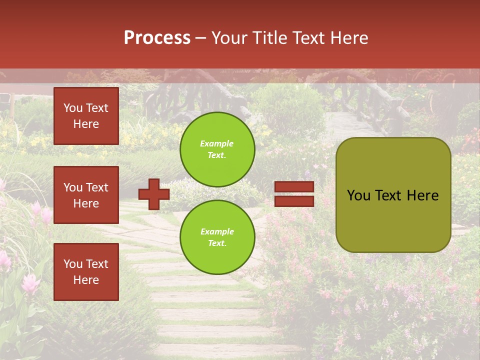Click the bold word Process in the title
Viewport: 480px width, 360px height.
tap(157, 38)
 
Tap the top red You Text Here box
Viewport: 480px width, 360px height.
tap(86, 116)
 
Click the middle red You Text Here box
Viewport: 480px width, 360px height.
tap(86, 195)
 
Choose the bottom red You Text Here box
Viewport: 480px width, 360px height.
tap(86, 272)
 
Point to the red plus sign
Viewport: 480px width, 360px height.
tap(153, 194)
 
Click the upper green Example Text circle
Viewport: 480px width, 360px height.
tap(217, 149)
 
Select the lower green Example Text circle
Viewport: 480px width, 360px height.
tap(217, 237)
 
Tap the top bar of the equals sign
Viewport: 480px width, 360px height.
tap(294, 187)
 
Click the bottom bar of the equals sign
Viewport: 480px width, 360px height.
tap(294, 201)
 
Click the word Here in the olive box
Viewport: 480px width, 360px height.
tap(422, 195)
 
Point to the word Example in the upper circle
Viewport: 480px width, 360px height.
tap(217, 143)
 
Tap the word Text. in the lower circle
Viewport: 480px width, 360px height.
tap(217, 243)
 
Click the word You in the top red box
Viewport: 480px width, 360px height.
tap(73, 108)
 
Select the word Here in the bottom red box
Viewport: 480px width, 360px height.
tap(86, 280)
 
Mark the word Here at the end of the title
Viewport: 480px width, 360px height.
tap(350, 38)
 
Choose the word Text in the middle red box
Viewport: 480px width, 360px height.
tap(96, 187)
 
